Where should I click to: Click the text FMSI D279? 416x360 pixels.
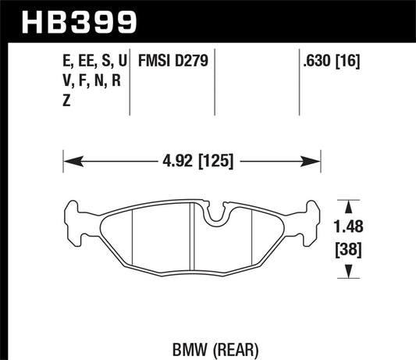pyautogui.click(x=171, y=59)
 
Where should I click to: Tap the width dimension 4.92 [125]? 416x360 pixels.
pyautogui.click(x=192, y=163)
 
